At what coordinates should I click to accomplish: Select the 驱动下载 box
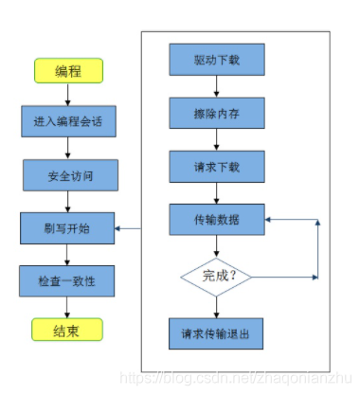216,60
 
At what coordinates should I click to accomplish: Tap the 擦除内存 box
216,113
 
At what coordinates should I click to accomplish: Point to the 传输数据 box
216,220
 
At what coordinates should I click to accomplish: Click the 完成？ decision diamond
216,278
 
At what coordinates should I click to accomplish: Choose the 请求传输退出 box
216,333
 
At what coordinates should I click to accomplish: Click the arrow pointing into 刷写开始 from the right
128,228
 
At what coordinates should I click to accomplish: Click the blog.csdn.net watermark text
237,379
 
